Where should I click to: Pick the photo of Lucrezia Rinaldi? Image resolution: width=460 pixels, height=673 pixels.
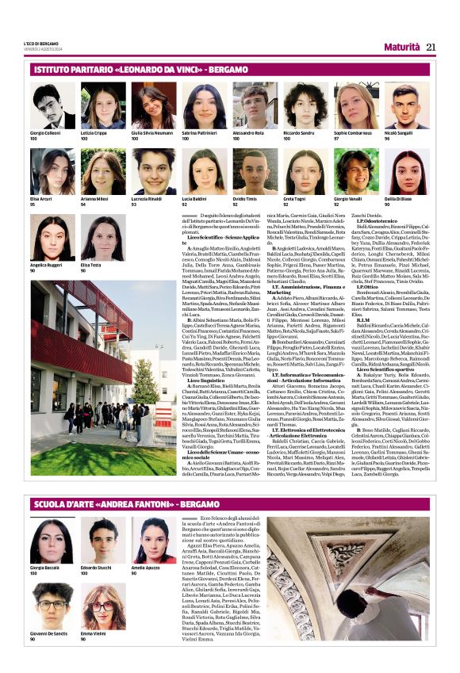[153, 171]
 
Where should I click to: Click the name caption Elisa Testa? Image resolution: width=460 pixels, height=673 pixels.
[90, 265]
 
